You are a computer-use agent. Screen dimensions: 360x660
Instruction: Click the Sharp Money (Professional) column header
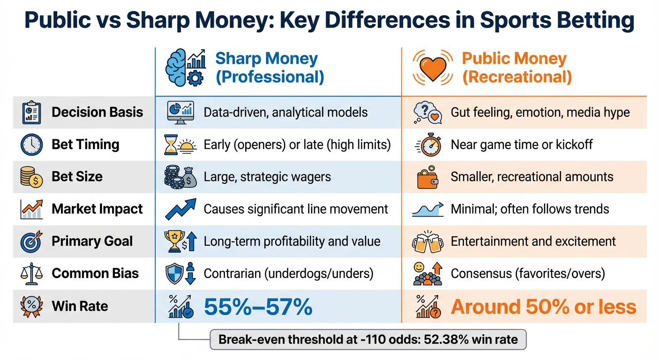[269, 67]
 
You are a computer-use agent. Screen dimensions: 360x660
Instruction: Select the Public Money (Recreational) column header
[517, 67]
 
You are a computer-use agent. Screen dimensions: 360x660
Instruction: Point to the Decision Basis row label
[97, 112]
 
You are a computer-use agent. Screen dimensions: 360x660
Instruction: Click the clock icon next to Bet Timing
[31, 144]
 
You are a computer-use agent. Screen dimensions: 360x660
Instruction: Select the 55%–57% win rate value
[258, 307]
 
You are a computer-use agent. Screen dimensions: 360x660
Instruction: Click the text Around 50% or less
[543, 307]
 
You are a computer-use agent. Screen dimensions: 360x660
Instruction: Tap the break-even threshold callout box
[368, 339]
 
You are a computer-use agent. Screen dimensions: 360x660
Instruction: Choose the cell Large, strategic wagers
[267, 177]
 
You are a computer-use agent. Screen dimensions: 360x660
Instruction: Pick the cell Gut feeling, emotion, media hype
[540, 112]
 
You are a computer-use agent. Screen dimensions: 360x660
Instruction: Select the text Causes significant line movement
[296, 209]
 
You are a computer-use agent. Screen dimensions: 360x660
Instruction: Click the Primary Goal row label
[92, 241]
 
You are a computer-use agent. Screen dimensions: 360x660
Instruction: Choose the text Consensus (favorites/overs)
[528, 273]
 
